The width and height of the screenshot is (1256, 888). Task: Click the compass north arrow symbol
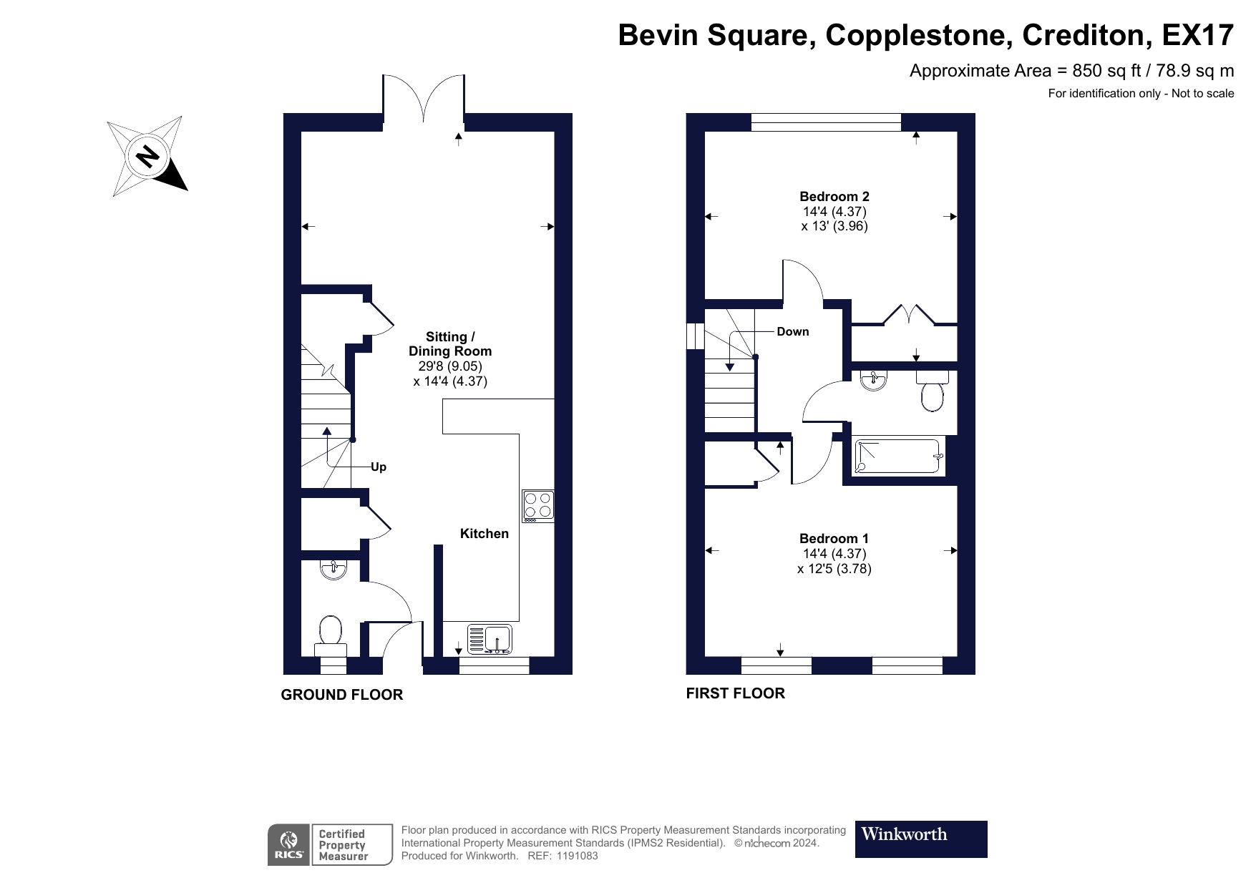click(x=147, y=155)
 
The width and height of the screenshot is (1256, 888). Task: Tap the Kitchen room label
click(x=484, y=534)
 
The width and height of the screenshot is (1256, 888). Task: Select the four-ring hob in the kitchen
click(x=538, y=504)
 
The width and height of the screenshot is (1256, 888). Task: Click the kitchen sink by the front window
click(x=490, y=638)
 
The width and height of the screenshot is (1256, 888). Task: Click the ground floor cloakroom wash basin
click(x=334, y=569)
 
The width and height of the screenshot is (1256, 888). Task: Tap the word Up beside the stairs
click(x=379, y=467)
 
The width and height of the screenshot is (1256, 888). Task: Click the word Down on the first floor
click(x=793, y=331)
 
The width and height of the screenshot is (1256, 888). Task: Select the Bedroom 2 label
click(x=834, y=196)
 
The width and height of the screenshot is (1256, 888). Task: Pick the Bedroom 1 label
click(x=834, y=538)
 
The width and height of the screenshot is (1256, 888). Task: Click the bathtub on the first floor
click(x=897, y=457)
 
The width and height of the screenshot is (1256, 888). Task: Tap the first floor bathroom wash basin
click(x=873, y=381)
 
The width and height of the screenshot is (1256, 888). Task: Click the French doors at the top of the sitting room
click(x=424, y=97)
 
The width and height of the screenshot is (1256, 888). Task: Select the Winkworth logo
click(x=921, y=839)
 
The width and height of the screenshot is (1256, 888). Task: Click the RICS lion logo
click(x=289, y=845)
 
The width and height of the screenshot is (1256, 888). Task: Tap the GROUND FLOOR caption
click(x=342, y=695)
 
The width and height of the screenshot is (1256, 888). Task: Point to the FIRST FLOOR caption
click(x=736, y=693)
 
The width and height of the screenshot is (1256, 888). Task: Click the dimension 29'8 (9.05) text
click(x=450, y=366)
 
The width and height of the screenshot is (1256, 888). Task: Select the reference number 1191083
click(x=571, y=855)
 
